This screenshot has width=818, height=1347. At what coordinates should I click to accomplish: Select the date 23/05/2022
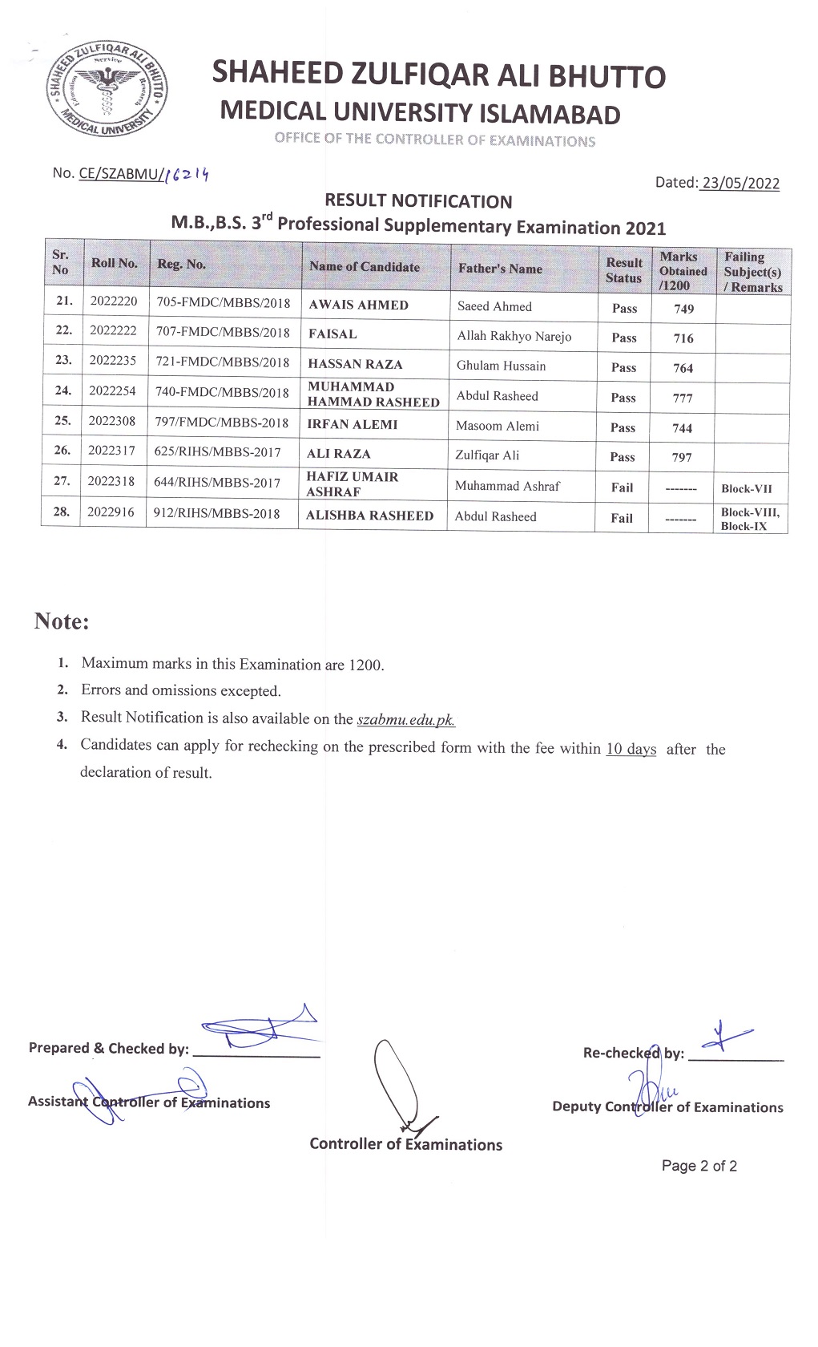coord(740,183)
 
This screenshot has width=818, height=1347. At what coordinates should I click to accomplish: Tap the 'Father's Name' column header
coord(500,269)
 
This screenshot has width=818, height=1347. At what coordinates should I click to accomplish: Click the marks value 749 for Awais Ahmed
coord(683,309)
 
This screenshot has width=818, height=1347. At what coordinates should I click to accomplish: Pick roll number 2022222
coord(113,331)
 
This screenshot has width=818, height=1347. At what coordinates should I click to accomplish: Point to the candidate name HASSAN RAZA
coord(355,364)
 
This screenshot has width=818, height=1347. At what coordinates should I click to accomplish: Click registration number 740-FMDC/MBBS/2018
coord(222,393)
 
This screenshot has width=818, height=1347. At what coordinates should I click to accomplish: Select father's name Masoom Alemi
coord(498,426)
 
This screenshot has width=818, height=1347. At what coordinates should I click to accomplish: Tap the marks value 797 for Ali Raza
coord(682,457)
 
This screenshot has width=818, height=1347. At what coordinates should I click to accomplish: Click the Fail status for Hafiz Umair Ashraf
coord(622,487)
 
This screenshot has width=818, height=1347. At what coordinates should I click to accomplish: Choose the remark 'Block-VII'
coord(747,488)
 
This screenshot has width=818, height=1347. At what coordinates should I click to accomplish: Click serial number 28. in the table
coord(61,512)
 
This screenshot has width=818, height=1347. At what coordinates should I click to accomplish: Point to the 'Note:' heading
coord(62,621)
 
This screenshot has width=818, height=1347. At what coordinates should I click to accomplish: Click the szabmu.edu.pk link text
coord(405,719)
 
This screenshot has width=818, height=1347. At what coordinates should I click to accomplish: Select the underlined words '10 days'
coord(631,749)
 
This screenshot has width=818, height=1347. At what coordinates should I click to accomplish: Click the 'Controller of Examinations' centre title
coord(405,1144)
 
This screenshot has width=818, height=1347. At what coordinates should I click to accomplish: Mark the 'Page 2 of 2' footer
coord(699,1166)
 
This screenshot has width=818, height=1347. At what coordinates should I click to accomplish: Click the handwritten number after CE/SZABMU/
coord(186,173)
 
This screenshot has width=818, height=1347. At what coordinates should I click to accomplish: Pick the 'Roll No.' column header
coord(114,263)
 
